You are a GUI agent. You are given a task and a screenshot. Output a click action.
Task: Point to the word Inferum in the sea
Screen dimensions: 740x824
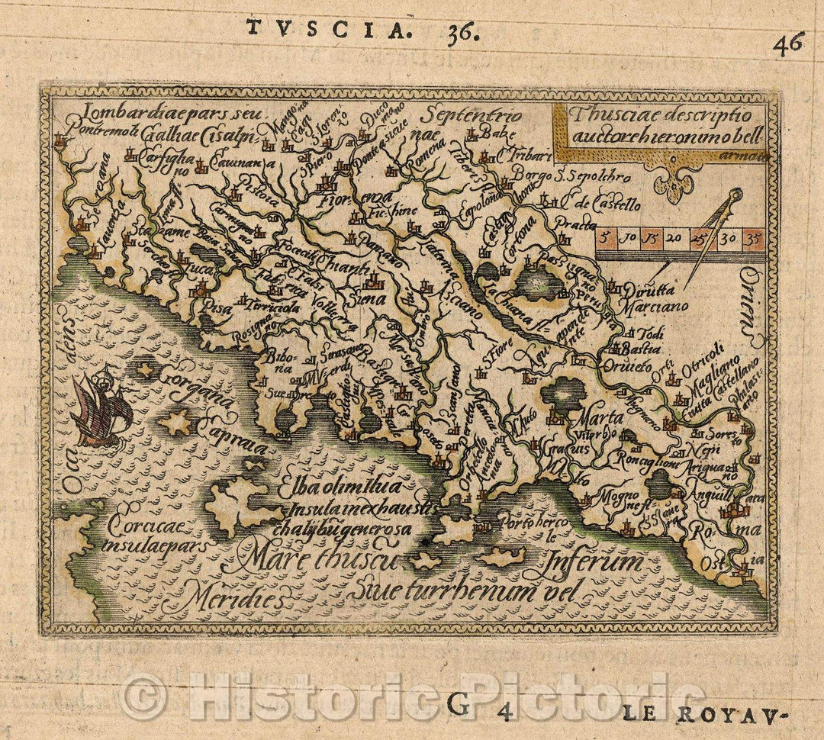pos(594,563)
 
